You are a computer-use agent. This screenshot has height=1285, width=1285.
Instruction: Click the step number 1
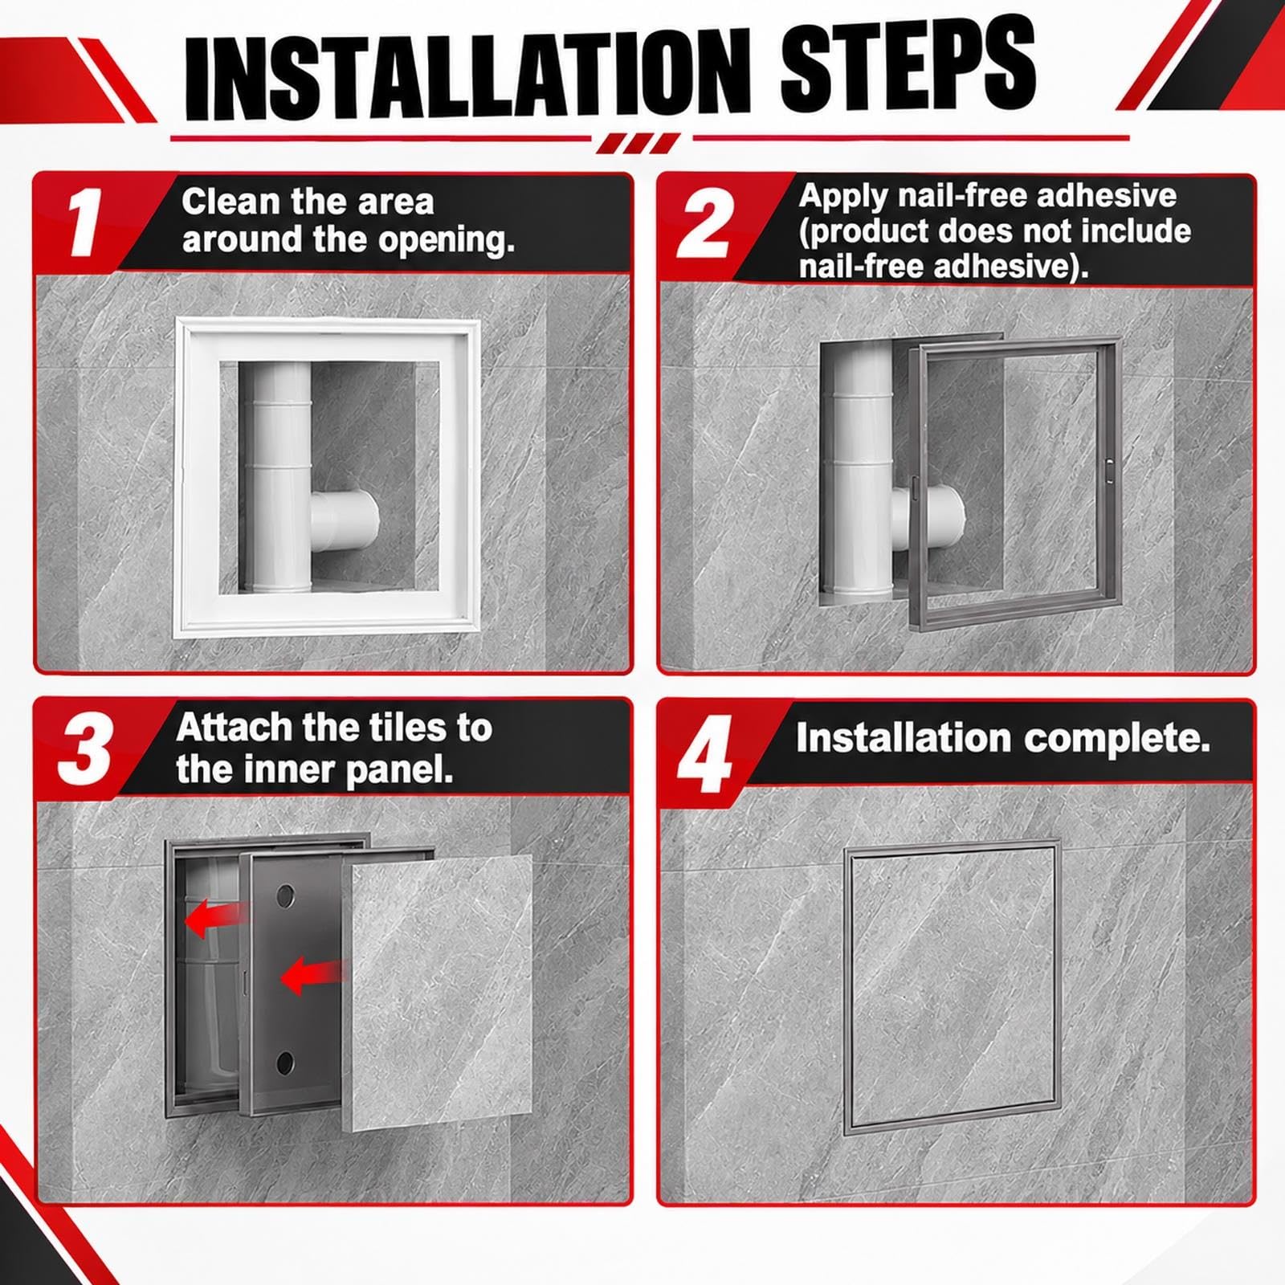(85, 222)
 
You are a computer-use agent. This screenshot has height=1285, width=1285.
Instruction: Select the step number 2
(704, 224)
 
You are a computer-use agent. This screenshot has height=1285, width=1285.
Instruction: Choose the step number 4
(704, 754)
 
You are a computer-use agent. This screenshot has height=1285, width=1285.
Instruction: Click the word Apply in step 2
(843, 197)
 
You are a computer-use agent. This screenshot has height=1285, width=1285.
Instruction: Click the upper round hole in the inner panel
(286, 896)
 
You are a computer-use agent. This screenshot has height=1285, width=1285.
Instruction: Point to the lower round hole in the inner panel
(285, 1063)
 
